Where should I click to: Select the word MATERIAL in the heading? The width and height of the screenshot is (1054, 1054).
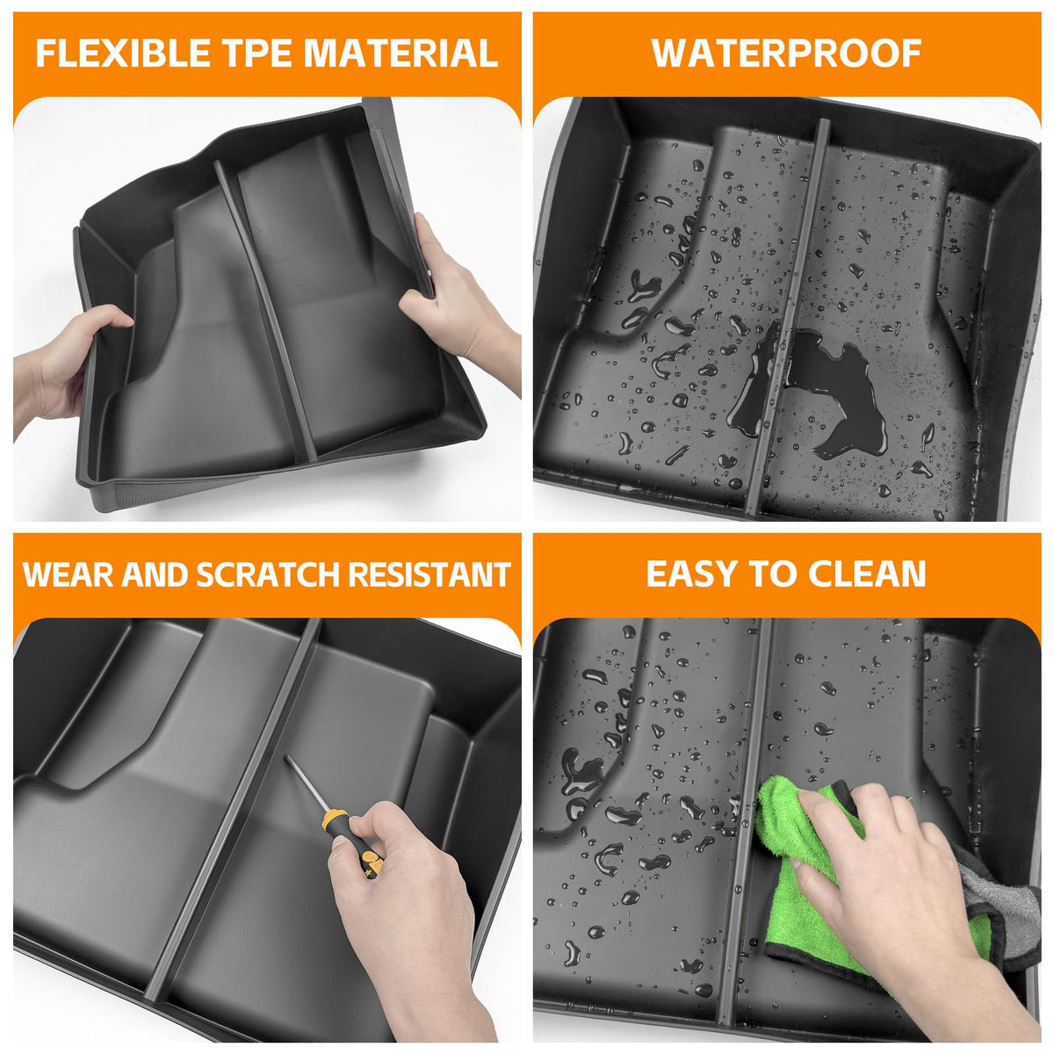401,53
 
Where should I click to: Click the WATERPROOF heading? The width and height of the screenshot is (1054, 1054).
786,53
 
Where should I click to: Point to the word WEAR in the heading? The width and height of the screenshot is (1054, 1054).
68,574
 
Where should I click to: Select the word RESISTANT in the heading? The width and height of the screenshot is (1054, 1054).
430,574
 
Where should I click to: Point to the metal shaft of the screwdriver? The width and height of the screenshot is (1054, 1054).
305,783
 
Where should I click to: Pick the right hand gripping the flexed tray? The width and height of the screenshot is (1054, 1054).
459,307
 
